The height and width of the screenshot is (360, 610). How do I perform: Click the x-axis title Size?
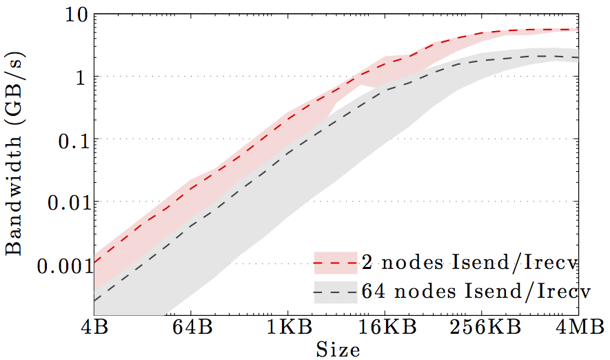coord(338,350)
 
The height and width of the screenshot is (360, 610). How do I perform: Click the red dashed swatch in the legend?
coord(336,264)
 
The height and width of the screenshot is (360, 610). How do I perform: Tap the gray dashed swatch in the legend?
coord(336,292)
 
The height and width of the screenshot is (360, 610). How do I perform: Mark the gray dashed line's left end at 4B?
coord(94,300)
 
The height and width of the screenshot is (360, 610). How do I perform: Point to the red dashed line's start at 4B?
coord(94,262)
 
